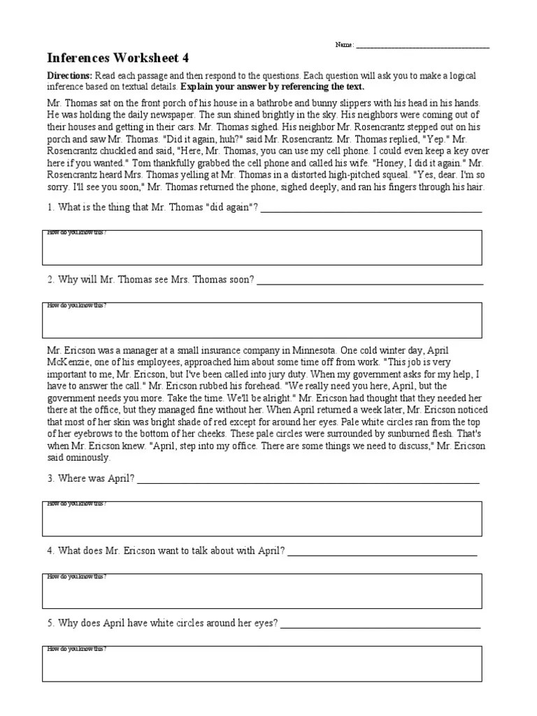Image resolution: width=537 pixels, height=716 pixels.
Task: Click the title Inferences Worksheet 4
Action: tap(117, 58)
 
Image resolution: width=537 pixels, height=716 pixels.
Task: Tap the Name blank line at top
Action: tap(422, 47)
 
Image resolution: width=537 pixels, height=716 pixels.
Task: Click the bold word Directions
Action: tap(69, 76)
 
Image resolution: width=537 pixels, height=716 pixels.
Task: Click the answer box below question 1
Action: tap(262, 248)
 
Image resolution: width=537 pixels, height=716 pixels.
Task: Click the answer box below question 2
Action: tap(262, 320)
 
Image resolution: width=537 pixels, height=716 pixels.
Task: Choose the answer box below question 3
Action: tap(262, 519)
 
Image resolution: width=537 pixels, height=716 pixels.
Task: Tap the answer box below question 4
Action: tap(262, 591)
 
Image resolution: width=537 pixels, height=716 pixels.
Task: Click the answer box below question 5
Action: tap(262, 664)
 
